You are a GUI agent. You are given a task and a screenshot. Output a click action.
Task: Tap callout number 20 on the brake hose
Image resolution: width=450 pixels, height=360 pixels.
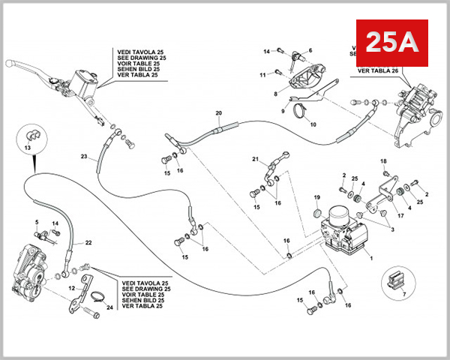pyautogui.click(x=218, y=114)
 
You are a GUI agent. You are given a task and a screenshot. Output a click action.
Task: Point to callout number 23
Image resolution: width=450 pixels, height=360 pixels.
pyautogui.click(x=85, y=157)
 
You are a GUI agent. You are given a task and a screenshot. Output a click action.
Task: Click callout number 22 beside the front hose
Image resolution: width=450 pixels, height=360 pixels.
pyautogui.click(x=88, y=242)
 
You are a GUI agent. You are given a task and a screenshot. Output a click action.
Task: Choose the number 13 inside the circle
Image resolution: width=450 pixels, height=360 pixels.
pyautogui.click(x=28, y=148)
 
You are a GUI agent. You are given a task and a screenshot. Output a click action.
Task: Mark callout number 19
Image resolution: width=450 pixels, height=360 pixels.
pyautogui.click(x=317, y=197)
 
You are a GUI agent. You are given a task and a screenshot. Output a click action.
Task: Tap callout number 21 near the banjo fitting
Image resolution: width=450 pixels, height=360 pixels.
pyautogui.click(x=255, y=159)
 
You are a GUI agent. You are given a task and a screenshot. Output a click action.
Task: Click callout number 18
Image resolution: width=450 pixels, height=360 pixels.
pyautogui.click(x=382, y=162)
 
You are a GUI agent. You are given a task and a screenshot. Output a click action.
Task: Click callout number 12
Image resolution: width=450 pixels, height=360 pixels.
pyautogui.click(x=72, y=288)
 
